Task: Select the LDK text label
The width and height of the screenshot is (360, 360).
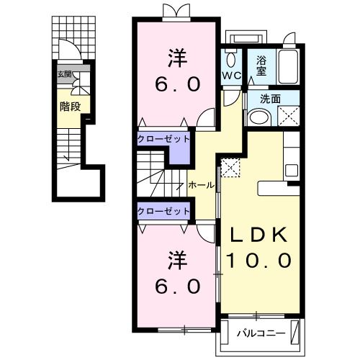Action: point(259,235)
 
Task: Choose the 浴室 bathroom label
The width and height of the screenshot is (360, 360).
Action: point(259,67)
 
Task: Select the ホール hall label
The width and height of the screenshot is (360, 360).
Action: point(201,185)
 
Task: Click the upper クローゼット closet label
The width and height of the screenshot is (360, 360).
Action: point(163,138)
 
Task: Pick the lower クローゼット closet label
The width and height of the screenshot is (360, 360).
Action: point(163,211)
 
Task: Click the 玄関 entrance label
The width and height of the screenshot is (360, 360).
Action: point(64,74)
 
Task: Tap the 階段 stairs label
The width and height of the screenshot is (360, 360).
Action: point(69,106)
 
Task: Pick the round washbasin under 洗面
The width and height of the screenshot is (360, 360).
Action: point(260,117)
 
